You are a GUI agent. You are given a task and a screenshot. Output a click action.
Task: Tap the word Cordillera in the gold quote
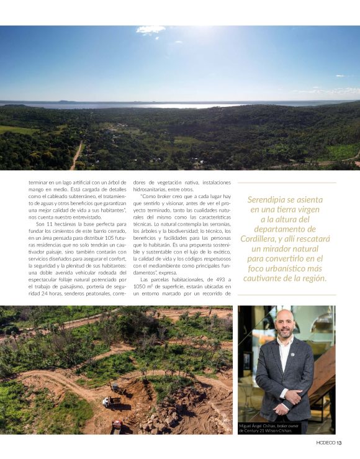[x=261, y=239]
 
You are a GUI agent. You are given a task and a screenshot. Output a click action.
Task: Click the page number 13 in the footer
[x=339, y=443]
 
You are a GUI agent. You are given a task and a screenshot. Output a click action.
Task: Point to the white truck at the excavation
[x=107, y=402]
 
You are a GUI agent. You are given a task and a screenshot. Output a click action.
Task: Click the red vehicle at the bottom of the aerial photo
[x=116, y=425]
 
